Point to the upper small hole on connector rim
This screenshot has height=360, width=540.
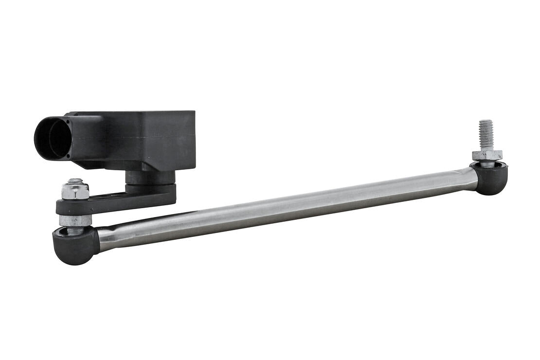[68, 115]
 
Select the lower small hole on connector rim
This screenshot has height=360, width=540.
[68, 157]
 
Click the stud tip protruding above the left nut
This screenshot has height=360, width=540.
[75, 181]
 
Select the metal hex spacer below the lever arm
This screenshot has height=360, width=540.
[75, 220]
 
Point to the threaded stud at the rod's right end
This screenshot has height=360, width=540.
[486, 134]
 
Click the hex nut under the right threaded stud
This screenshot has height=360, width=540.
[486, 155]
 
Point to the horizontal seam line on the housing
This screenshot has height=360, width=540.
[146, 138]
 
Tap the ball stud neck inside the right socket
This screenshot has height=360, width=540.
[486, 164]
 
